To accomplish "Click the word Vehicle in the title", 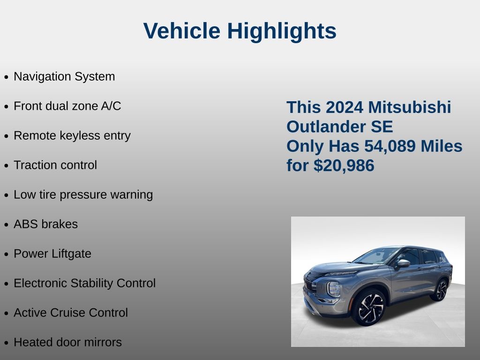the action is [182, 30].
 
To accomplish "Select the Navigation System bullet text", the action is [64, 76].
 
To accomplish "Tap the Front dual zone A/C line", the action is [67, 106].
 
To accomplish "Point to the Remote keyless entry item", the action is [72, 135].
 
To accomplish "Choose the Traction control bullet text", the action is [55, 165].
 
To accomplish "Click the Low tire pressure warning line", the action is [83, 195].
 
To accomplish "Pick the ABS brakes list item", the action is [45, 224].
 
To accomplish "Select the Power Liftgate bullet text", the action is [52, 254].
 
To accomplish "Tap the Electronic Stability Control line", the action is [85, 283].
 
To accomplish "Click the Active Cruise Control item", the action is [71, 313].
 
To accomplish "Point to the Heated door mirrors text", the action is [67, 342].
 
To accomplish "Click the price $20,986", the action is [344, 165].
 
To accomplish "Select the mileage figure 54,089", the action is [390, 146].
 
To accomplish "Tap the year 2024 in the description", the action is [345, 107].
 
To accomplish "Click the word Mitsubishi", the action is [410, 107].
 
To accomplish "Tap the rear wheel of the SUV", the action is [441, 290].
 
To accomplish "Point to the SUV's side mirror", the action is [403, 264].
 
